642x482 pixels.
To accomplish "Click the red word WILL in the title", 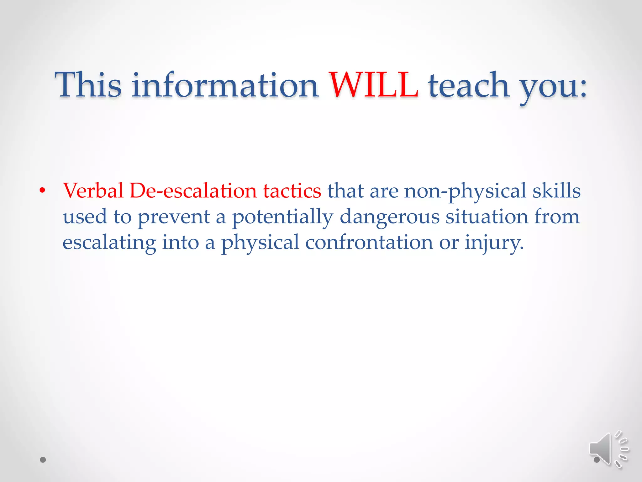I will click(x=373, y=85).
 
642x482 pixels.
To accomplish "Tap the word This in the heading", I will click(x=88, y=85).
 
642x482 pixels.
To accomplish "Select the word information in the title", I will click(x=225, y=85).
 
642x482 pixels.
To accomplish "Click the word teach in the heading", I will click(x=469, y=85).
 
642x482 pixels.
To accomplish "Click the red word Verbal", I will click(x=93, y=190).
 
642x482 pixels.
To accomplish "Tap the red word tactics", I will click(x=292, y=190).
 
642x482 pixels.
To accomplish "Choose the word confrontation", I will click(x=369, y=242).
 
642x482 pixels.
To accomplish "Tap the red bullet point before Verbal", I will click(x=43, y=190).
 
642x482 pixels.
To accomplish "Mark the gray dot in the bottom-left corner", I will click(x=43, y=460).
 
